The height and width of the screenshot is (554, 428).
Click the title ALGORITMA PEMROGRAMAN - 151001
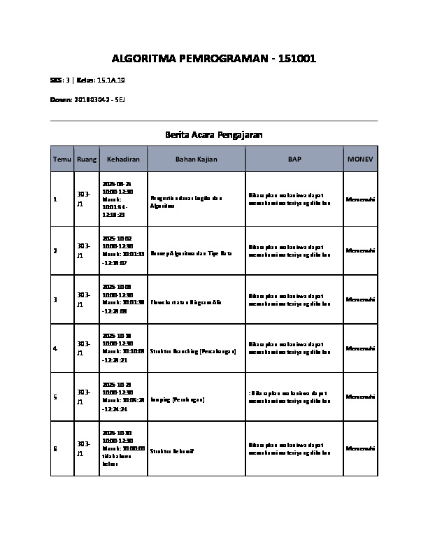[x=214, y=59]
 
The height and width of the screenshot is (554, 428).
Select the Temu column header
[x=62, y=159]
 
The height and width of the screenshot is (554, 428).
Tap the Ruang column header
[x=87, y=159]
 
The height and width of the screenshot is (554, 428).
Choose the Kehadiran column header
[x=123, y=159]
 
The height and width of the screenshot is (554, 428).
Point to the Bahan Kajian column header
[x=196, y=159]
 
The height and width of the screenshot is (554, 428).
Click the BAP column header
[x=294, y=159]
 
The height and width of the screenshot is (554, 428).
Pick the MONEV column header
[x=360, y=159]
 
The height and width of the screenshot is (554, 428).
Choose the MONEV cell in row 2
[x=360, y=250]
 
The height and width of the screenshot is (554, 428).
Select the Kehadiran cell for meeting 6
[x=123, y=448]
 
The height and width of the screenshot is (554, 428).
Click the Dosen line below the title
[x=87, y=101]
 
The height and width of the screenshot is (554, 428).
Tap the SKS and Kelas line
[x=87, y=80]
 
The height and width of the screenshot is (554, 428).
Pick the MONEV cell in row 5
[x=360, y=397]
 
